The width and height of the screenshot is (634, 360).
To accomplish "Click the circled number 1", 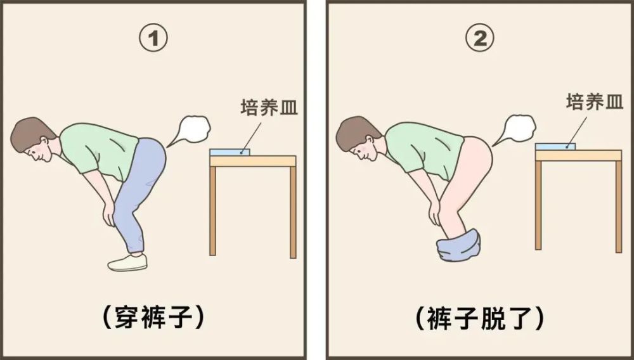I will click(x=153, y=40).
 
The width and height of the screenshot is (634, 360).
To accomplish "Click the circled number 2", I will click(x=480, y=40).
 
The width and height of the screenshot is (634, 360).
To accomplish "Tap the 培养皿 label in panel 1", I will click(x=269, y=107).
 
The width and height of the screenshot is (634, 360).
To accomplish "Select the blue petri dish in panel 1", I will click(x=230, y=152).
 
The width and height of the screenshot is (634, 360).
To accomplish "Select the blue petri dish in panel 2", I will click(x=555, y=146).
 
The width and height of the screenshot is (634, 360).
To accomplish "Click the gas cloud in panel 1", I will click(x=192, y=130).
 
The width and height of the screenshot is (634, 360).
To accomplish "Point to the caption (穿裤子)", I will click(x=153, y=316).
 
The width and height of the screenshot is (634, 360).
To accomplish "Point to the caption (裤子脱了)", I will click(x=480, y=316).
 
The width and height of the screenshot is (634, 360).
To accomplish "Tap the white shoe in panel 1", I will click(x=127, y=262).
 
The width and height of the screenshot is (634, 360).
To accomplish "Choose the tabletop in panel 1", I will click(x=253, y=161).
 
